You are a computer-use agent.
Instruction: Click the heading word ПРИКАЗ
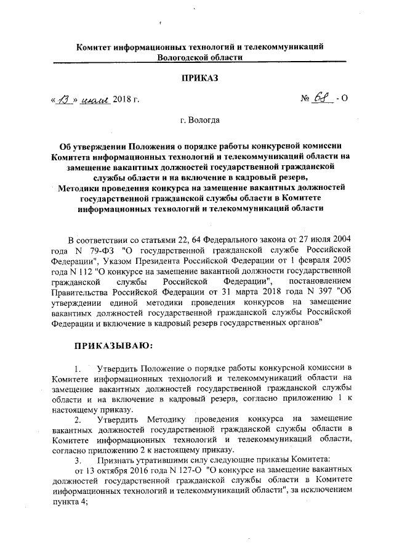tap(200, 78)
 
